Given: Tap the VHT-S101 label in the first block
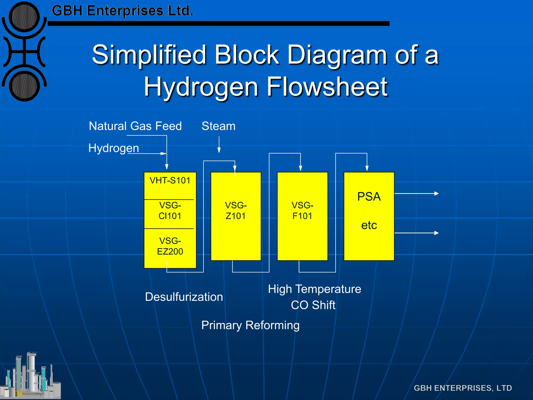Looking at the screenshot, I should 170,180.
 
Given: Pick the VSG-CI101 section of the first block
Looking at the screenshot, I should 170,211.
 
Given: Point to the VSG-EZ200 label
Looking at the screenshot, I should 170,246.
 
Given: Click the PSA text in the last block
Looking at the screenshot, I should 369,197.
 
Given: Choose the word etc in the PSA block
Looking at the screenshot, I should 369,225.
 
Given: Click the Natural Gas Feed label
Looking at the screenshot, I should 135,126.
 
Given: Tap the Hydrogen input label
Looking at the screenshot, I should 113,148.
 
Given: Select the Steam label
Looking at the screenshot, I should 218,126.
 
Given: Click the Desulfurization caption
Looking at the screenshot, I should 184,297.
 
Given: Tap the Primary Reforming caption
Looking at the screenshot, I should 250,325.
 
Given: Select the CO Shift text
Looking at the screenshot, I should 313,305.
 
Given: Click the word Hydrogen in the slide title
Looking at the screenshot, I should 201,87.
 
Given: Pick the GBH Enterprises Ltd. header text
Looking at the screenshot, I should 122,11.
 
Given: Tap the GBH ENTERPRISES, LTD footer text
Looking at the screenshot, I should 463,388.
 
